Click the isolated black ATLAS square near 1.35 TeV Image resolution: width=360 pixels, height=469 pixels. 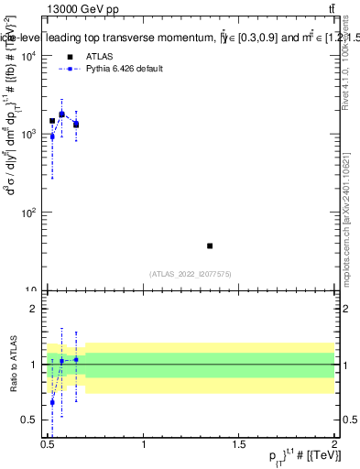pos(210,245)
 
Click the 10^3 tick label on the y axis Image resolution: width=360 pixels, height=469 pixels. pos(32,135)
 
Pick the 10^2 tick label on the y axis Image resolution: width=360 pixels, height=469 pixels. pos(32,213)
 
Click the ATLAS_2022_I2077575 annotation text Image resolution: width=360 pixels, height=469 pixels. pos(191,273)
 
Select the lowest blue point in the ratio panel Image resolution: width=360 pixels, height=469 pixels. pos(52,402)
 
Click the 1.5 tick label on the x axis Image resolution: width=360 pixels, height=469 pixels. pos(239,446)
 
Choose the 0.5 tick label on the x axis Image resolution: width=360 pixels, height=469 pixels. pos(49,446)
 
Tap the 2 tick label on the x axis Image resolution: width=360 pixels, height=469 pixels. pos(334,446)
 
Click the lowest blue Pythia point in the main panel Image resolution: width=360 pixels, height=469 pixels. pos(52,136)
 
